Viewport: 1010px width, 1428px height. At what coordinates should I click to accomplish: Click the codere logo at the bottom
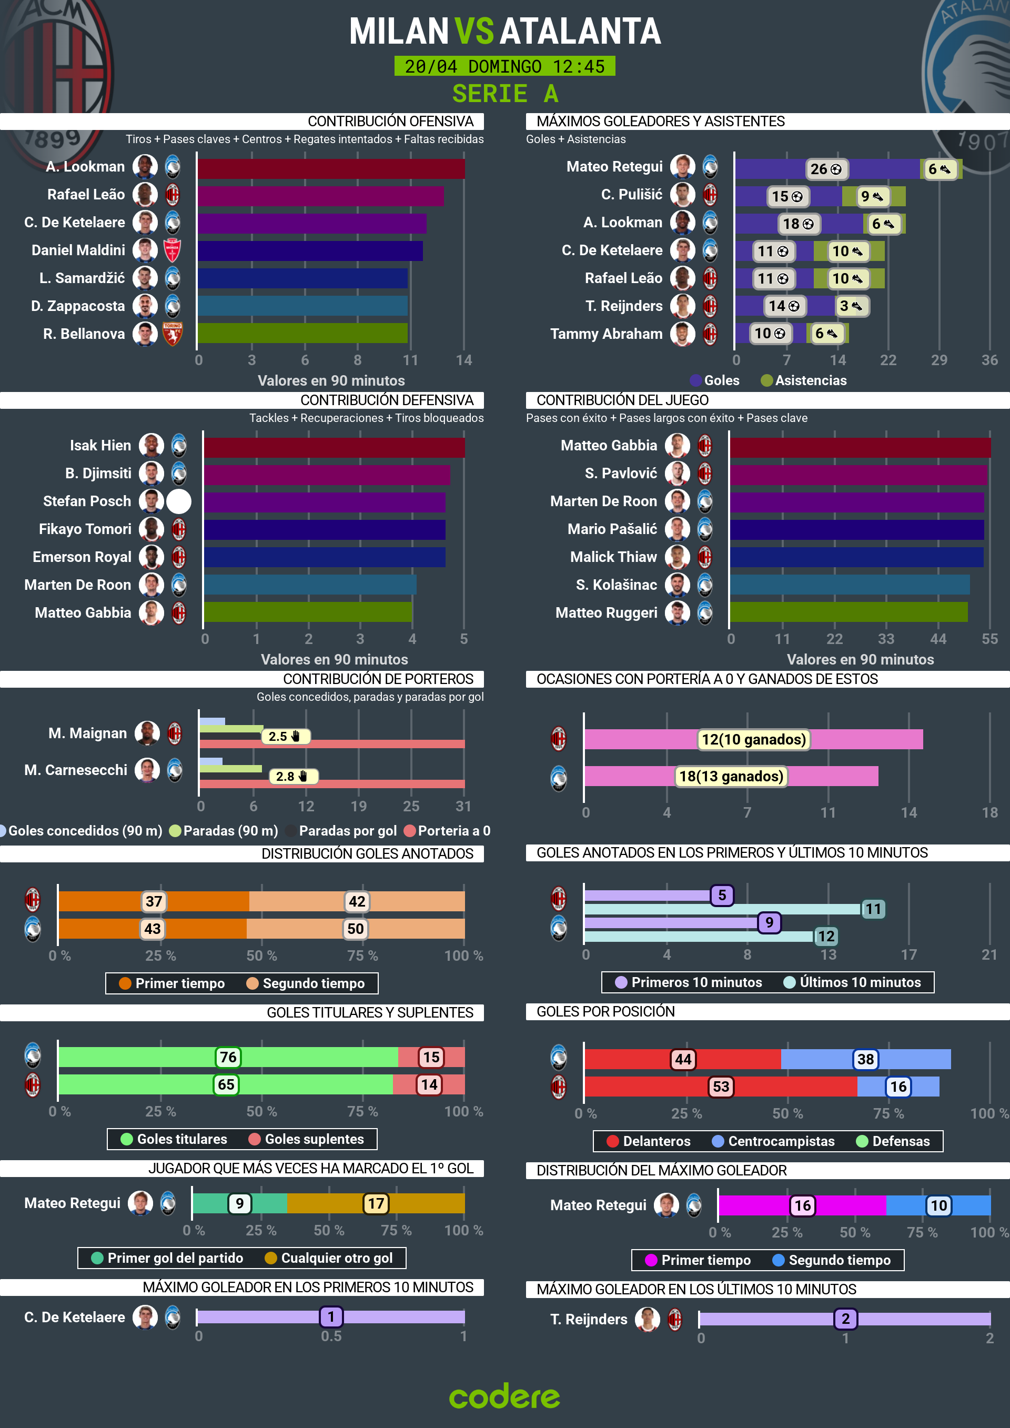tap(504, 1396)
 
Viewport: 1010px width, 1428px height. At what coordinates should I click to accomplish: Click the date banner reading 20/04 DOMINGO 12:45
tap(504, 66)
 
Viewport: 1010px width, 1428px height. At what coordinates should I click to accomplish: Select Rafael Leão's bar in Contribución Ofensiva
tap(320, 196)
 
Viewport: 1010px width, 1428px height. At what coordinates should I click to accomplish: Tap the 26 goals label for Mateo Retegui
tap(825, 169)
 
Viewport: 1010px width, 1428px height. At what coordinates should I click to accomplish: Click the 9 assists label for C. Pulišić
tap(872, 197)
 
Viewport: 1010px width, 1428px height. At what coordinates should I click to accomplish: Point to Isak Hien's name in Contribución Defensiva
tap(100, 445)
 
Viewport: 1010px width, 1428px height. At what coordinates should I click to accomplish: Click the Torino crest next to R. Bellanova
tap(172, 334)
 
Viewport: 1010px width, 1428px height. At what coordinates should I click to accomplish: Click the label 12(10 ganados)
tap(753, 739)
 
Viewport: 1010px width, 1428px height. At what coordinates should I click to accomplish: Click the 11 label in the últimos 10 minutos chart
tap(873, 909)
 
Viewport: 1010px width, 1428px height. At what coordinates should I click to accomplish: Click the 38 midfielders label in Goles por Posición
tap(865, 1059)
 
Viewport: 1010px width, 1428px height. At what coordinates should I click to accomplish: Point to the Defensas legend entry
tap(900, 1141)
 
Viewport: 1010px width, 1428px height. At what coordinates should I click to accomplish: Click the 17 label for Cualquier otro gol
tap(376, 1203)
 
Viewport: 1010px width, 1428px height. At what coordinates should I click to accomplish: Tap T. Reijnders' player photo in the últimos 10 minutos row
tap(647, 1319)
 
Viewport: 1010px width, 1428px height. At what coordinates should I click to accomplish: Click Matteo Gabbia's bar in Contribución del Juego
tap(860, 447)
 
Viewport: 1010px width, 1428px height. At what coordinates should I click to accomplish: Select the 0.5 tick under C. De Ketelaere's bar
tap(331, 1336)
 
